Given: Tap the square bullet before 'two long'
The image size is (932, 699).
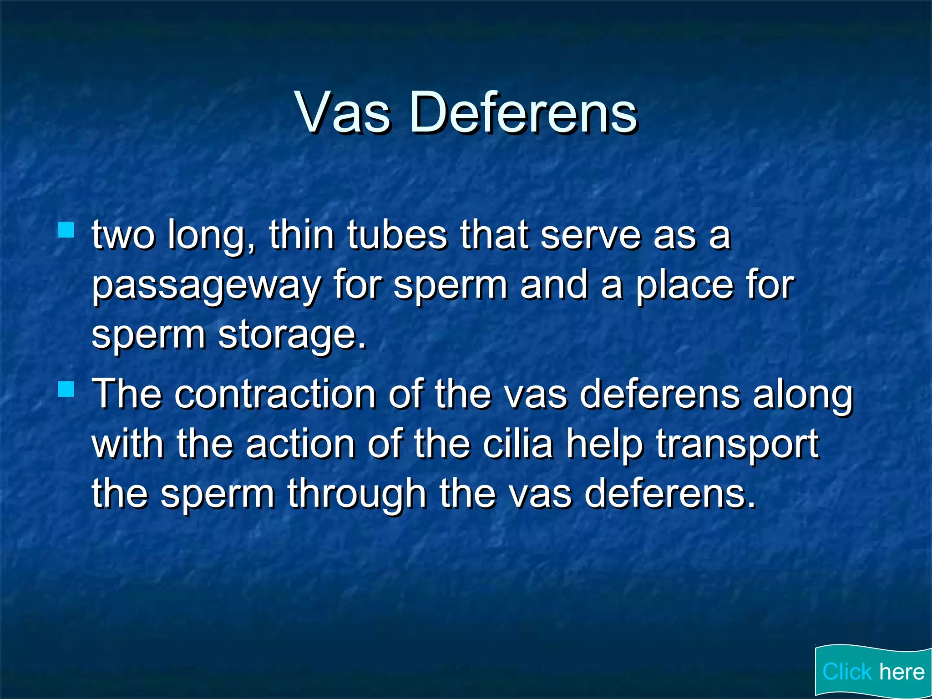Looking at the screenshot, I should click(x=66, y=230).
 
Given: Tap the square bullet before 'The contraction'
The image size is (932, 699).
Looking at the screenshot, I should click(x=66, y=389).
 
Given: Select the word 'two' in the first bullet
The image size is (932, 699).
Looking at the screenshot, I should click(x=123, y=236).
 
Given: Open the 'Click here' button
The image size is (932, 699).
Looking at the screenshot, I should click(x=873, y=672).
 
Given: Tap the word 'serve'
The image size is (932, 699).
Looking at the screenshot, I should click(x=591, y=236).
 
